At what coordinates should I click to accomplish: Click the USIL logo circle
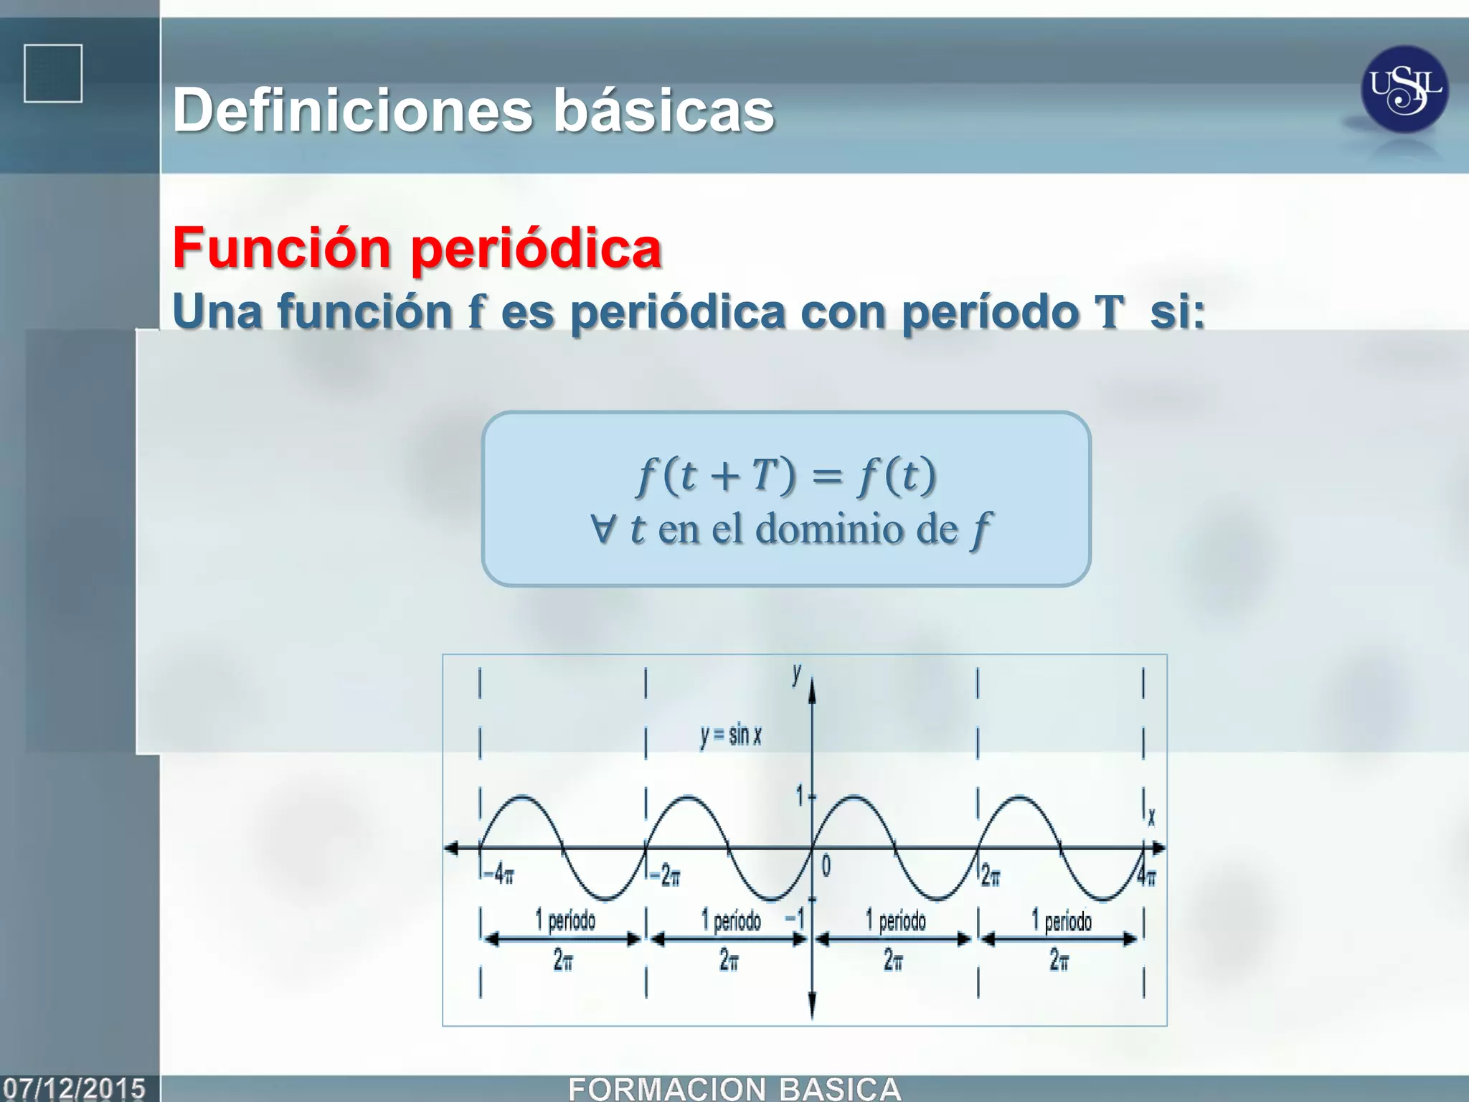1404,90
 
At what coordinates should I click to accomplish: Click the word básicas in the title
663,111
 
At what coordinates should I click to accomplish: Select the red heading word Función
281,248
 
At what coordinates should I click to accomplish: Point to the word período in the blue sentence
990,313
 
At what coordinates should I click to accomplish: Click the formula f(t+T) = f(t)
786,475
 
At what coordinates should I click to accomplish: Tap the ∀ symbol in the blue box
603,529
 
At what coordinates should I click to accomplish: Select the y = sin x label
730,735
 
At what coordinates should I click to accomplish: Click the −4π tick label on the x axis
499,875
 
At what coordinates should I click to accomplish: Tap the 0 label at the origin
826,867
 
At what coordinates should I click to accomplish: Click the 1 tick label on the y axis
800,796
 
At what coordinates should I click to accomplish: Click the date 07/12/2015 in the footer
75,1088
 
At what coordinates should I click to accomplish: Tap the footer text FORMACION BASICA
734,1089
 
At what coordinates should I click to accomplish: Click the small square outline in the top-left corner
53,74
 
